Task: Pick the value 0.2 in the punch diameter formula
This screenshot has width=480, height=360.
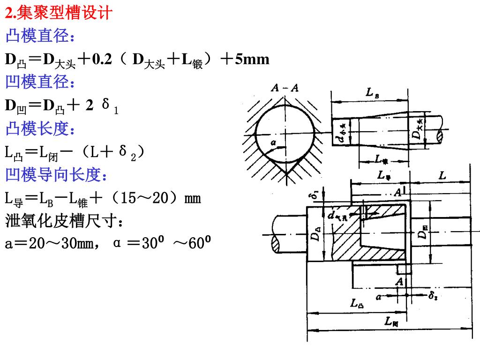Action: pos(102,60)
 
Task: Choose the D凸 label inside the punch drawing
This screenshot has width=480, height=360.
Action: pos(317,233)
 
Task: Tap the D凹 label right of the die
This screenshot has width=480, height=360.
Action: pos(424,231)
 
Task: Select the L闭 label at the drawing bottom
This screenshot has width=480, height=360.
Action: pos(391,322)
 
